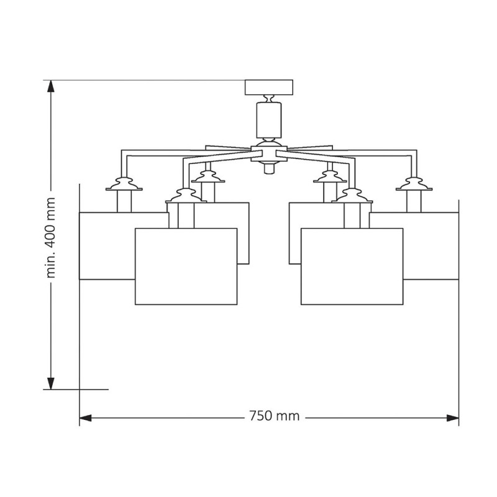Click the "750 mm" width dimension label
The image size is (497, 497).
tap(274, 416)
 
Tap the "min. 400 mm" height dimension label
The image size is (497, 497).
tap(51, 237)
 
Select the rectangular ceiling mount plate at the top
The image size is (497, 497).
tap(269, 87)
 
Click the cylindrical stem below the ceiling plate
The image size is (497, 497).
tap(269, 120)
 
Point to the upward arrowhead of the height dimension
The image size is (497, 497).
tap(51, 86)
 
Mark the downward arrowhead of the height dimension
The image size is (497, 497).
tap(51, 383)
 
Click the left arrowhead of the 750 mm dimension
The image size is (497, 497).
tap(85, 417)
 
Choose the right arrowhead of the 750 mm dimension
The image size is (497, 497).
tap(453, 417)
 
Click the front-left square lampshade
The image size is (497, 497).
tap(186, 267)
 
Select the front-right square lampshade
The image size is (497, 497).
tap(352, 267)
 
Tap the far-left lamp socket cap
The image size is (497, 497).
tap(124, 184)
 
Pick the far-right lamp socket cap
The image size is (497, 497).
tap(414, 184)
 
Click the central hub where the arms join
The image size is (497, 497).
tap(269, 153)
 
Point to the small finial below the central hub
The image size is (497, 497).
tap(269, 168)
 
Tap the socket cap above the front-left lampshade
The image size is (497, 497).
tap(186, 196)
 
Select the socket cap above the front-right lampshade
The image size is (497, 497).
tap(352, 196)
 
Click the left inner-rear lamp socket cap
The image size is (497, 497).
tap(208, 177)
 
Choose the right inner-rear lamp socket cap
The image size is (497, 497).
tap(330, 177)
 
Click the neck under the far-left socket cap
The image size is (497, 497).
tap(124, 201)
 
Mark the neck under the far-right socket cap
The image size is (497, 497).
tap(414, 201)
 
